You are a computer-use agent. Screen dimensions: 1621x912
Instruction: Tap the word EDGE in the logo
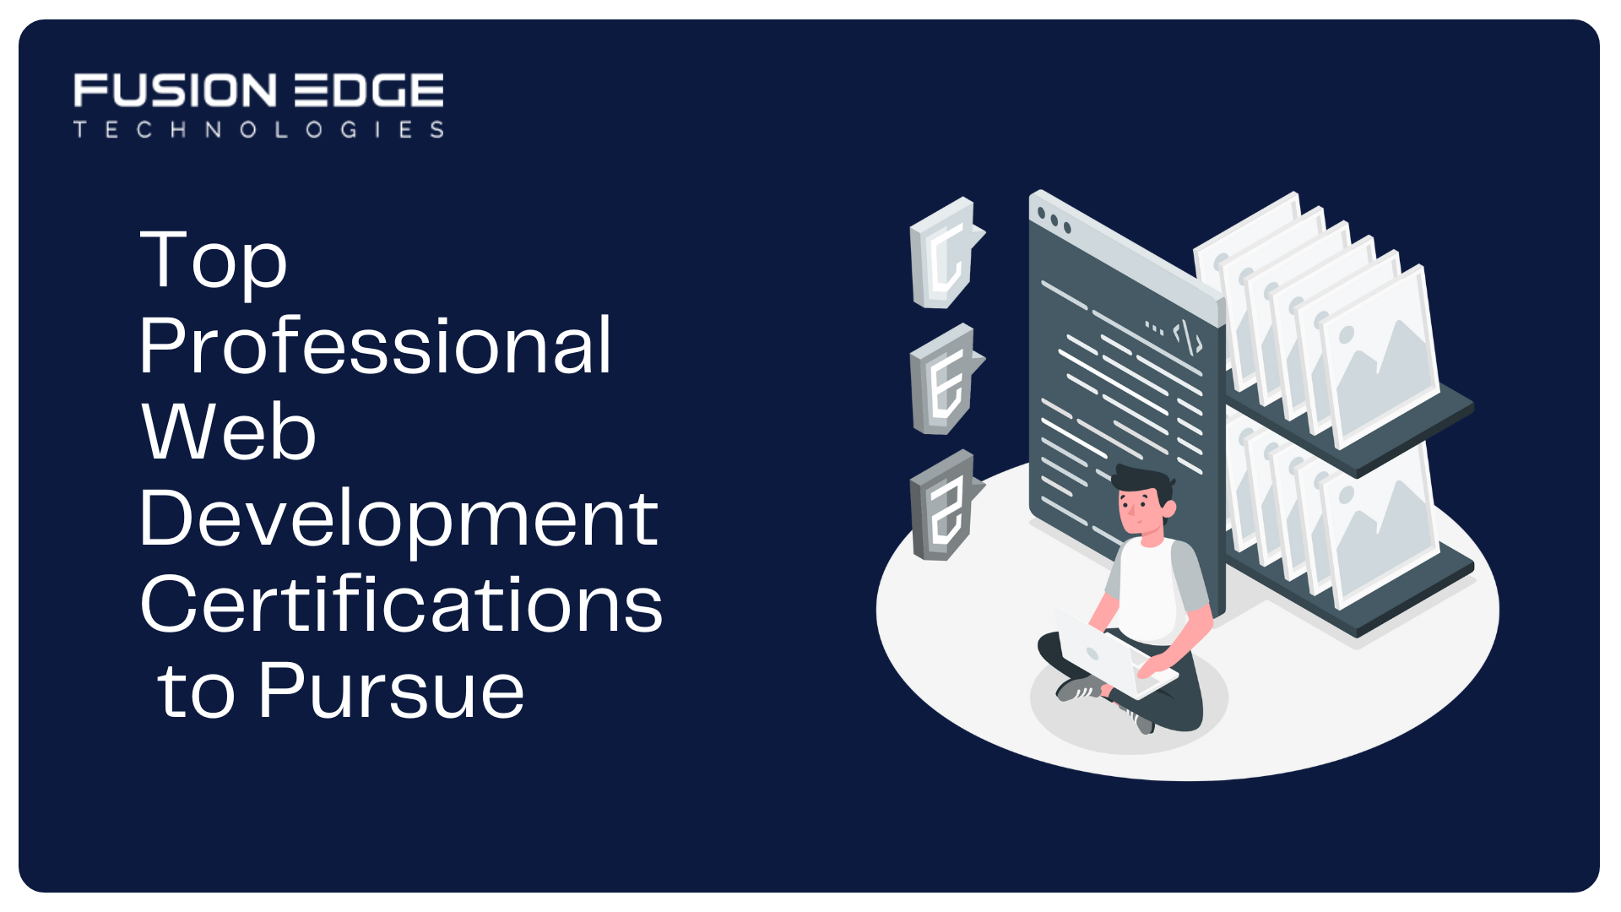[369, 90]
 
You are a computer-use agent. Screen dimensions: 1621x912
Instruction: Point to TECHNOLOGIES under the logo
[258, 129]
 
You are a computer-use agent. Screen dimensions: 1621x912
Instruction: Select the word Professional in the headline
[376, 345]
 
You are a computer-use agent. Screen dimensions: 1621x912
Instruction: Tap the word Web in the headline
[228, 432]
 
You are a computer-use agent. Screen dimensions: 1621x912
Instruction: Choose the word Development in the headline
[398, 518]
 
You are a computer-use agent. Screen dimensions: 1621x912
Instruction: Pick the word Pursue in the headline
[392, 690]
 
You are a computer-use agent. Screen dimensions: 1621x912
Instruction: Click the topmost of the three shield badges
[946, 253]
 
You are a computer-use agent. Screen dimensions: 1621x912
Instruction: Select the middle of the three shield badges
[946, 379]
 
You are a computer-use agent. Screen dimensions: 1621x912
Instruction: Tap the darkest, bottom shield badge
[946, 505]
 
